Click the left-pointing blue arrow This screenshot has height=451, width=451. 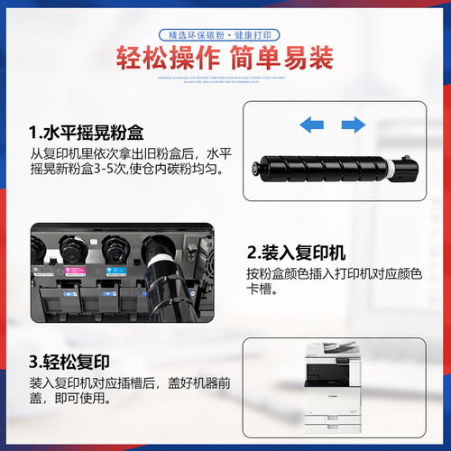click(312, 123)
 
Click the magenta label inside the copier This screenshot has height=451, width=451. click(73, 269)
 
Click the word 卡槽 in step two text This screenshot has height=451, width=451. click(261, 292)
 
